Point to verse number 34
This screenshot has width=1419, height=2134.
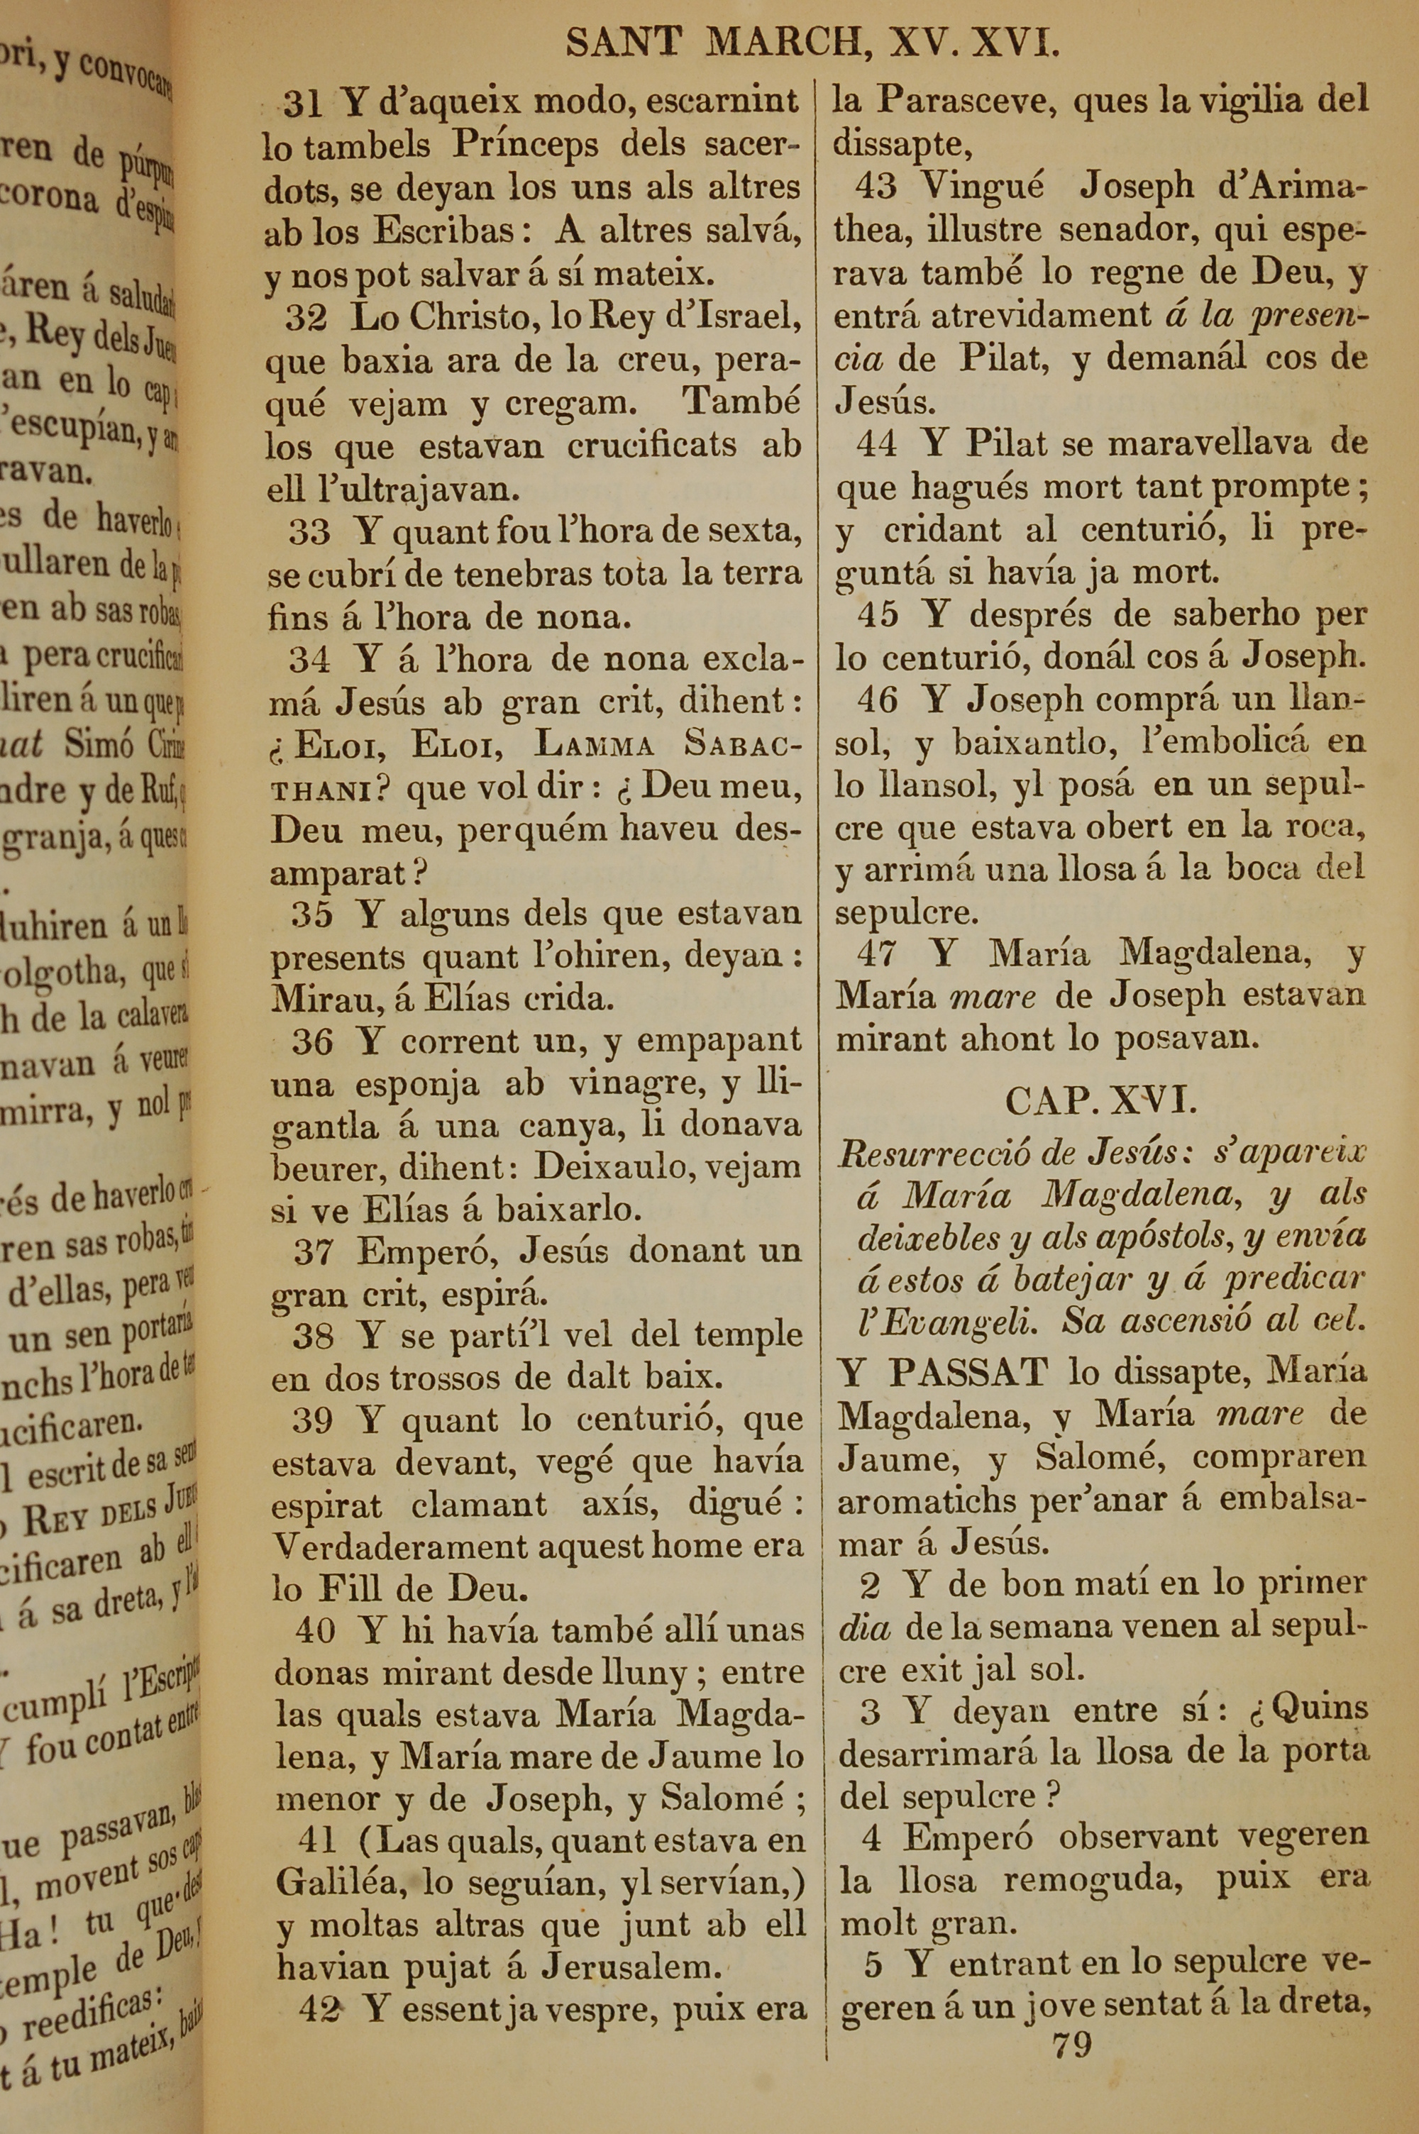[309, 660]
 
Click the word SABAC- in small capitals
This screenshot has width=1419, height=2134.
[742, 743]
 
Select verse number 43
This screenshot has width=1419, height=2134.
[875, 187]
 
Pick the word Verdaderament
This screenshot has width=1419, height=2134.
[403, 1546]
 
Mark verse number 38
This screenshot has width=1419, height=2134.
[313, 1335]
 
